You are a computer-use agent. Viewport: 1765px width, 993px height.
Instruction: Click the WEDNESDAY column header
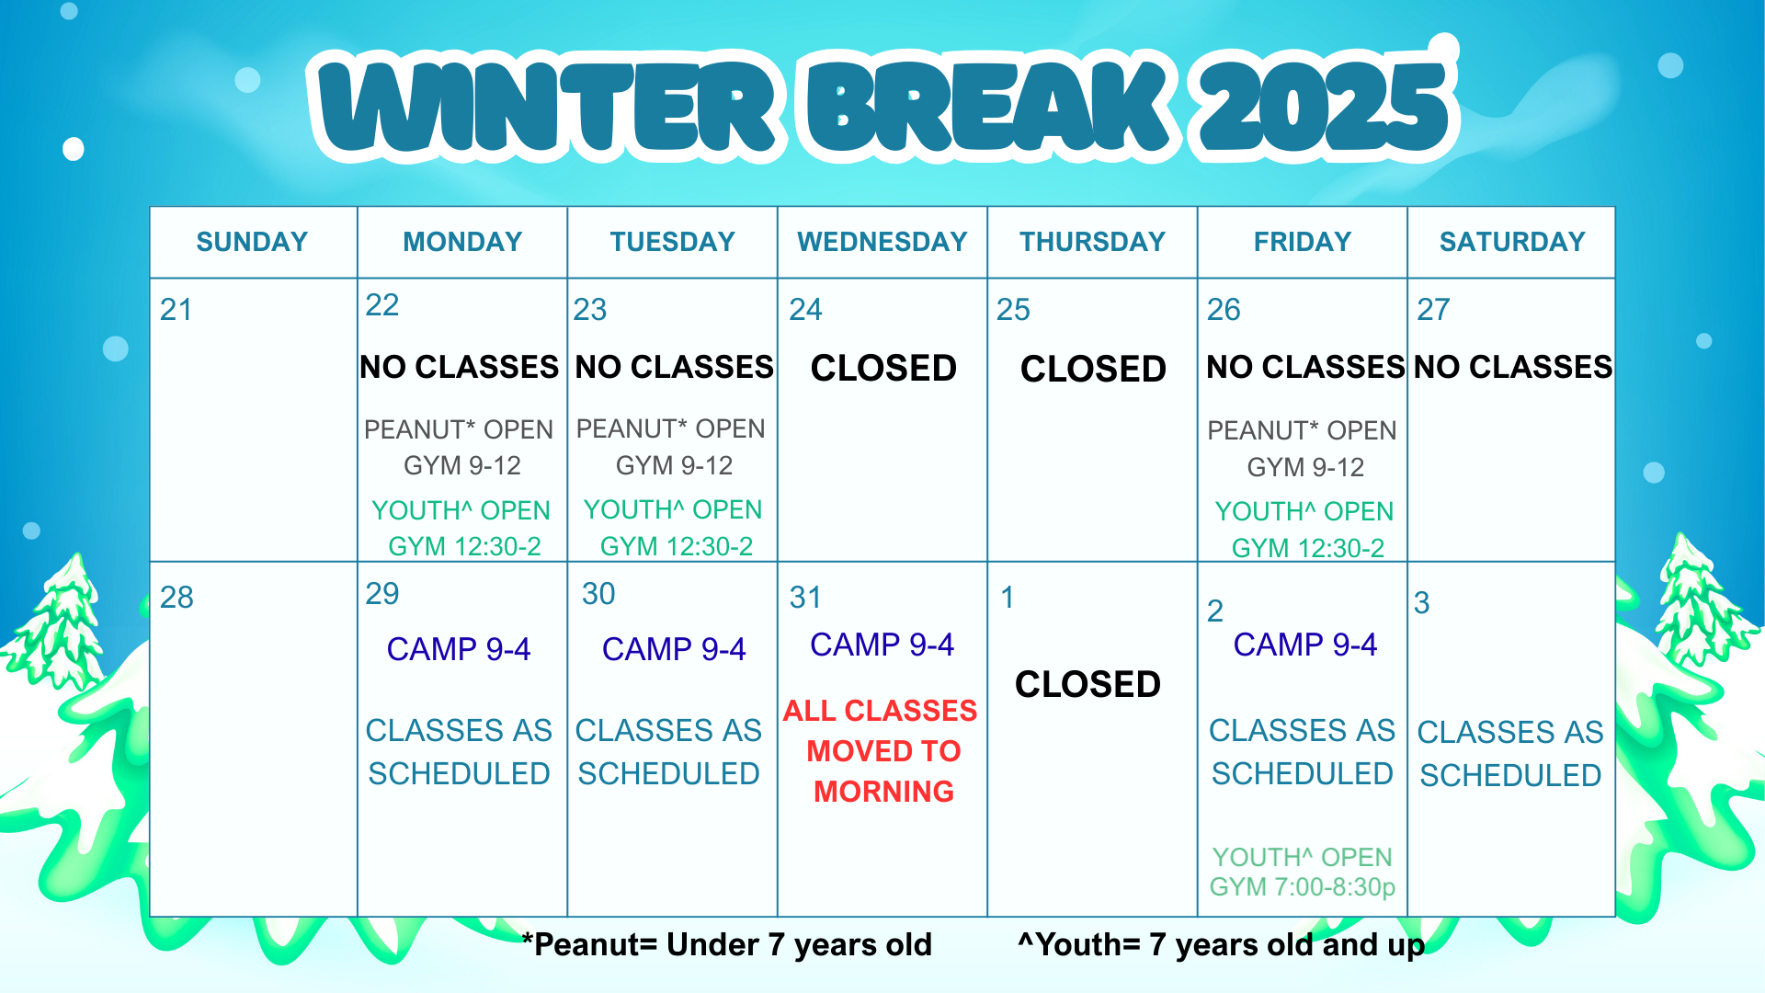coord(882,242)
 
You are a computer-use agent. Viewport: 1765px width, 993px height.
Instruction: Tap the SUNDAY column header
coord(252,242)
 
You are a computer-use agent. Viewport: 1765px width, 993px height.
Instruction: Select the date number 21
coord(176,310)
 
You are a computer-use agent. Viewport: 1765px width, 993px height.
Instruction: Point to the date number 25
coord(1013,310)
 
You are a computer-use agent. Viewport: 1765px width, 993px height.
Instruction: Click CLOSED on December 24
coord(883,369)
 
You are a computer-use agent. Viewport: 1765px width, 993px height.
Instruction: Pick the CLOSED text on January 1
coord(1087,685)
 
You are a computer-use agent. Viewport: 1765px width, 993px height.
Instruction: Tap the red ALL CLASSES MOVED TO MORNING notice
coord(882,751)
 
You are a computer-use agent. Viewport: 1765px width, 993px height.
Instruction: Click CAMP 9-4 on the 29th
coord(459,649)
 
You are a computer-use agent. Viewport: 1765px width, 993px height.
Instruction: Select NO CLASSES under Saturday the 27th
coord(1512,367)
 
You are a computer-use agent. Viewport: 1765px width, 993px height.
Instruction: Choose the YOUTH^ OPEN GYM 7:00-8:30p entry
coord(1303,872)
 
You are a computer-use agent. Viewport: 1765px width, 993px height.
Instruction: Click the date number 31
coord(805,598)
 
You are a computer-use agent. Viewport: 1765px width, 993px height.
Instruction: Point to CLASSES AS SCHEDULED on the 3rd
coord(1510,754)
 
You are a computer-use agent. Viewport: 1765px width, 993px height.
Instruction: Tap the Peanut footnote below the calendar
coord(726,944)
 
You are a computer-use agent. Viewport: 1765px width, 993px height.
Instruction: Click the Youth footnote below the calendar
coord(1222,944)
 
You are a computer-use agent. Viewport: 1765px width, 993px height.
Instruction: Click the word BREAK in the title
coord(989,108)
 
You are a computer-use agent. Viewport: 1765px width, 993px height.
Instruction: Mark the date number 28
coord(176,598)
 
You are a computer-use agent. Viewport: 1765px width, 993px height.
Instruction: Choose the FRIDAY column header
coord(1303,242)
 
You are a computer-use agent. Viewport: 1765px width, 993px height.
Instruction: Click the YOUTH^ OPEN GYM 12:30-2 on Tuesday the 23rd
coord(674,528)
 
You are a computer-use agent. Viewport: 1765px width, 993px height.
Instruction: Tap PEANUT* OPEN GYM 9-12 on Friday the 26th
coord(1303,449)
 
